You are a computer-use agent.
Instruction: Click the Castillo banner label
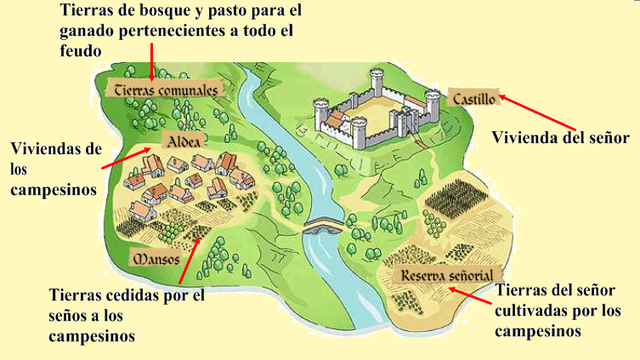pos(473,98)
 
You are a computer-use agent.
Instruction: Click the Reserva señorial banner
pos(445,274)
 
